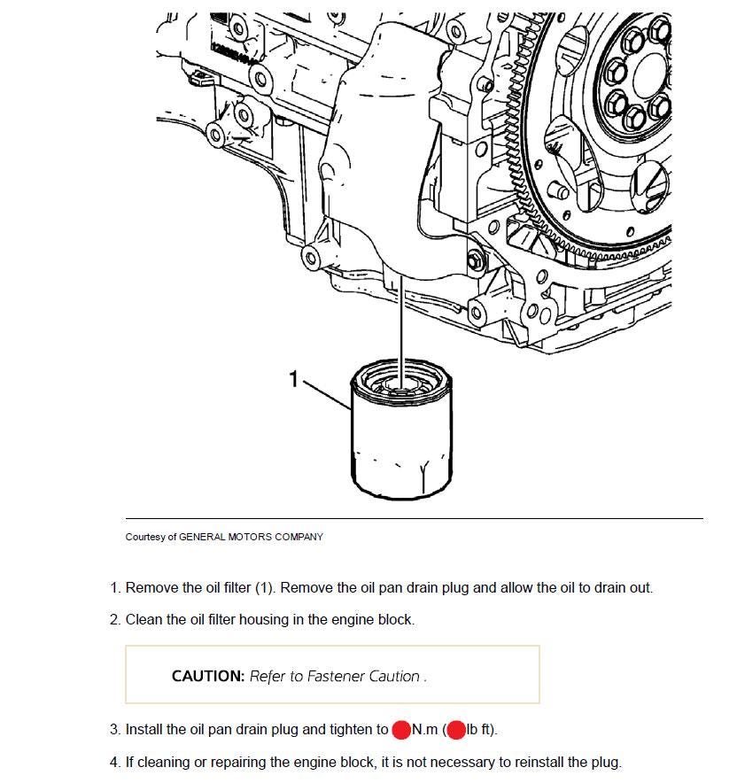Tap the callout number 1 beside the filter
[294, 379]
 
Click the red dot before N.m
[401, 730]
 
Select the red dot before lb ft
[456, 730]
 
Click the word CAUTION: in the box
[208, 676]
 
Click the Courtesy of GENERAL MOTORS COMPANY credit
[224, 537]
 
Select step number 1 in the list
[114, 587]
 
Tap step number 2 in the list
[114, 619]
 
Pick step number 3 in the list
[114, 730]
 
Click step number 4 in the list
[114, 762]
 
